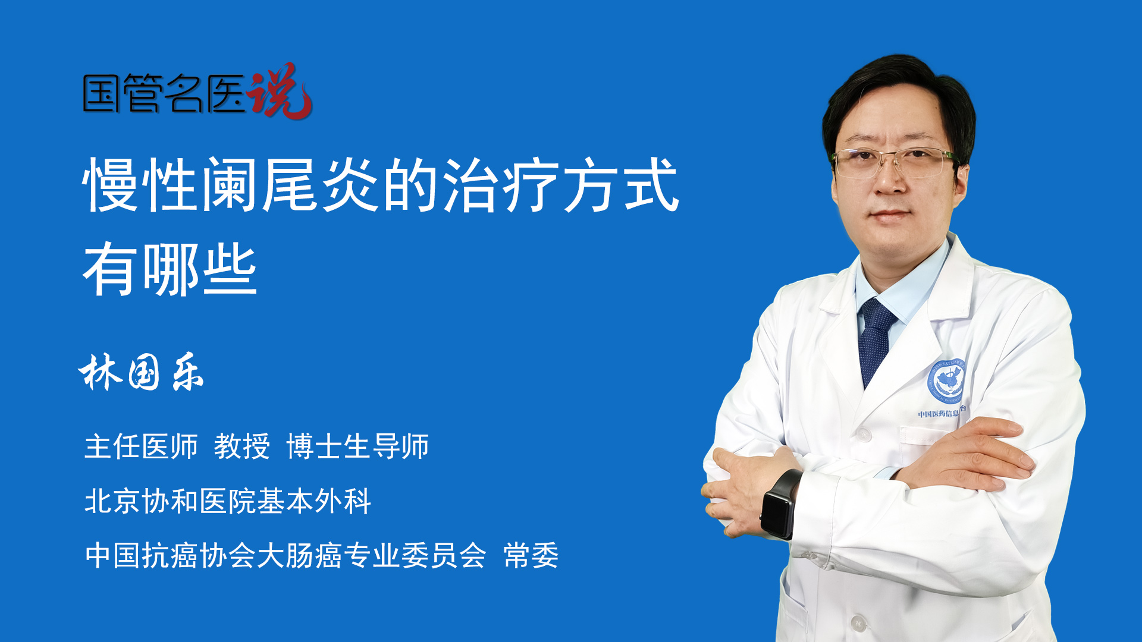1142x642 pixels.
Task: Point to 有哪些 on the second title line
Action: click(x=170, y=269)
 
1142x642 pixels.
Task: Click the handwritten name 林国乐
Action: click(x=141, y=372)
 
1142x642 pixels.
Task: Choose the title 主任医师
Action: click(x=141, y=446)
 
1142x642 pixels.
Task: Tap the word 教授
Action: click(x=242, y=446)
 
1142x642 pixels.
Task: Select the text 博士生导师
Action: click(x=357, y=446)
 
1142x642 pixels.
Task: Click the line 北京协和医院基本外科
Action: click(x=228, y=501)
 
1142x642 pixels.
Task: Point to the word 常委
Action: click(x=531, y=555)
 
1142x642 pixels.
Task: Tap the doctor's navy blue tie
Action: click(x=876, y=342)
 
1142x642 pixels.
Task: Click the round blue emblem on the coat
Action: click(x=946, y=381)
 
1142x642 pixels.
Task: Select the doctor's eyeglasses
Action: click(x=892, y=162)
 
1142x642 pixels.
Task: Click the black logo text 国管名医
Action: click(x=164, y=93)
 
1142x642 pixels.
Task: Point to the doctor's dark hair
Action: click(x=898, y=89)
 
